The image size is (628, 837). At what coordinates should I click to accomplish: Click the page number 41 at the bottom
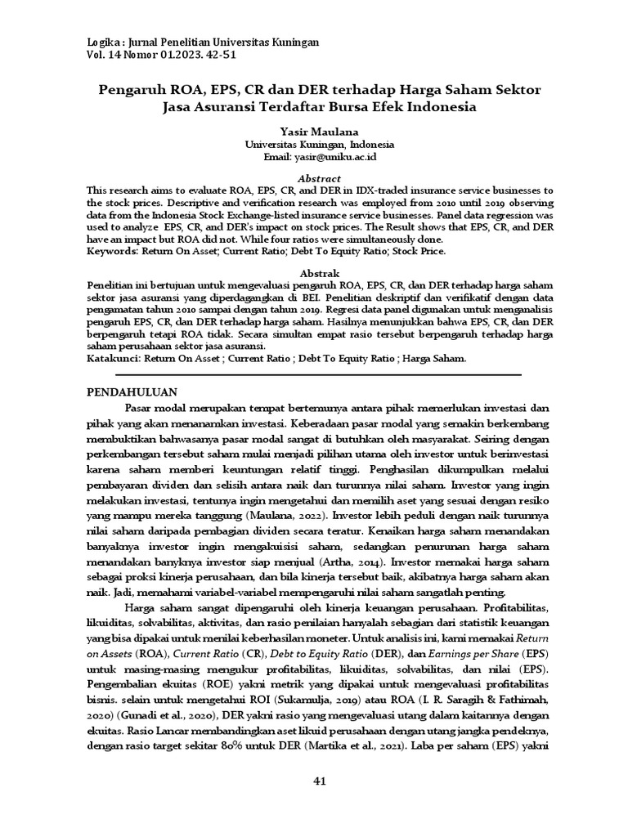tap(320, 781)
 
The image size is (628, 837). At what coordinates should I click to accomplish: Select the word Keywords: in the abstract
tap(114, 252)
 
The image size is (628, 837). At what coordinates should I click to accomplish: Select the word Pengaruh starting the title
tap(132, 88)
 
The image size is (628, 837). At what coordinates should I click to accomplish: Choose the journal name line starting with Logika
tap(203, 42)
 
